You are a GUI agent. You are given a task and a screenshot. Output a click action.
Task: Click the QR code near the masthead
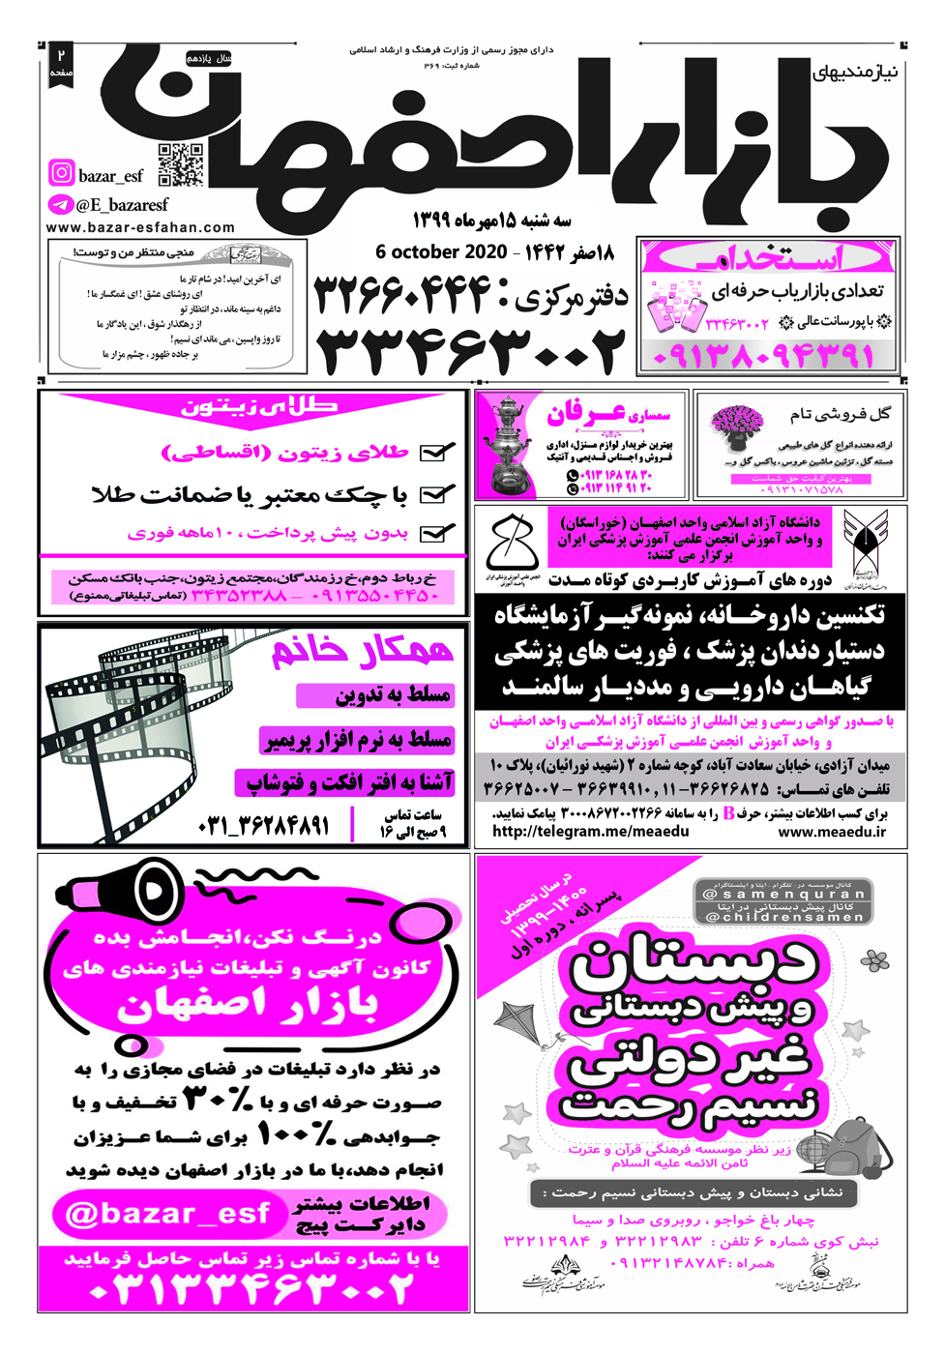pos(181,164)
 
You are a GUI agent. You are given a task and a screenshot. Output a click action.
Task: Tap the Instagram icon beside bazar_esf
pos(61,173)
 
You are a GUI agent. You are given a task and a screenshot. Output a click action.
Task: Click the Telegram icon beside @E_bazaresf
pos(60,205)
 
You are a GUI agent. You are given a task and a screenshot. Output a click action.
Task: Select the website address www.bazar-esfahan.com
pos(140,228)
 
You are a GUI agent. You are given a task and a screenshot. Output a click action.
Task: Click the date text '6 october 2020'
pos(441,252)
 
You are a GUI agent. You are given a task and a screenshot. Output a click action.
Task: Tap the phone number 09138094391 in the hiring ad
pos(764,356)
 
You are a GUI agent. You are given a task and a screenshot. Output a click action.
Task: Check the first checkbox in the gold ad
pos(438,452)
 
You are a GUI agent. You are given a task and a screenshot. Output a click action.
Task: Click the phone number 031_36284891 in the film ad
pos(263,825)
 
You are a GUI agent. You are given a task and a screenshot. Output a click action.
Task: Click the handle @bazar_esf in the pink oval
pos(166,1214)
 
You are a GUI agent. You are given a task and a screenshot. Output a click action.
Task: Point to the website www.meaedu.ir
pos(831,832)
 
